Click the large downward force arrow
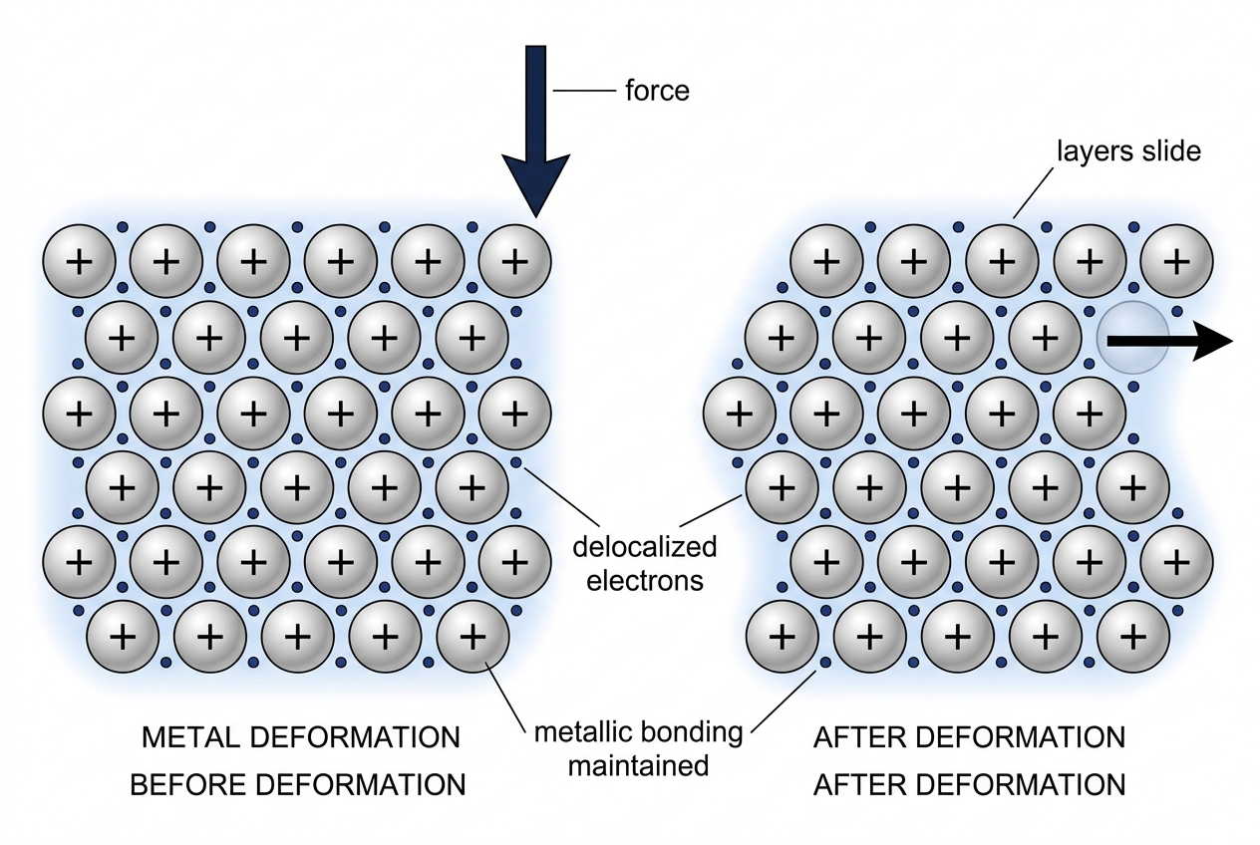click(x=535, y=130)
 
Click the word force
click(x=657, y=91)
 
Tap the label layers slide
click(x=1128, y=151)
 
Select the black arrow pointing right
click(x=1170, y=341)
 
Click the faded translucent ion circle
click(x=1132, y=338)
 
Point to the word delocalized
click(x=645, y=546)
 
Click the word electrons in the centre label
click(x=645, y=580)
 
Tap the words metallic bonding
click(x=638, y=732)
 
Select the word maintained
click(x=638, y=765)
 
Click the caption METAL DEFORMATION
click(x=301, y=737)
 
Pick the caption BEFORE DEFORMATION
click(x=298, y=785)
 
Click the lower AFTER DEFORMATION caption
click(x=969, y=785)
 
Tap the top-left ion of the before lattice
click(x=80, y=261)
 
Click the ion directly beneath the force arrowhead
click(x=514, y=261)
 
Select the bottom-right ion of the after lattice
click(x=1132, y=637)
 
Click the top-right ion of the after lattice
click(x=1176, y=261)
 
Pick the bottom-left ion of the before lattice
click(x=123, y=637)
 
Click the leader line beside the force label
click(x=584, y=90)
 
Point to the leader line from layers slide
click(x=1034, y=193)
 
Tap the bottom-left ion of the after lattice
click(x=782, y=637)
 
